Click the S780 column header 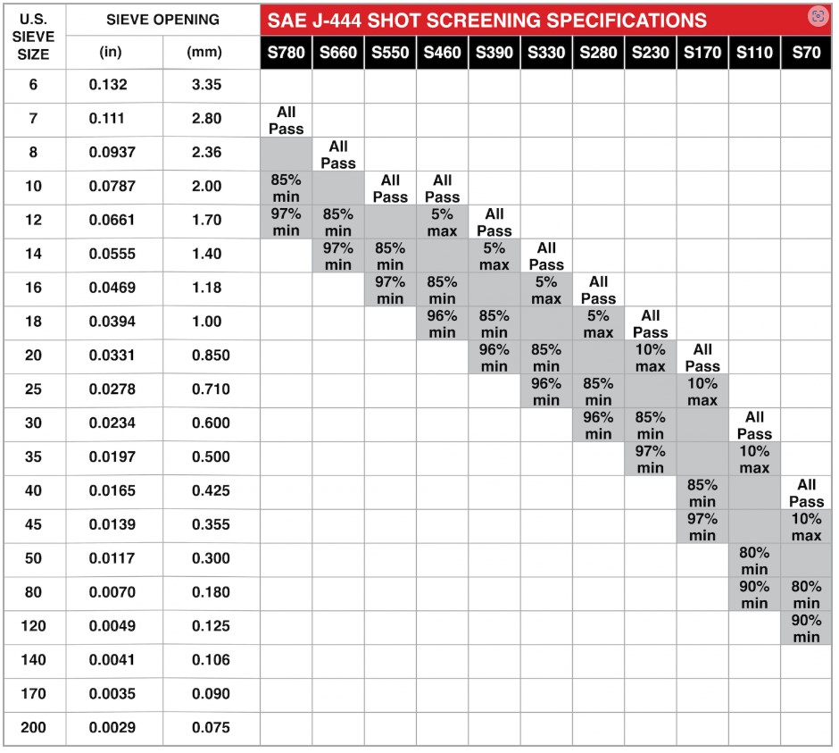coord(287,53)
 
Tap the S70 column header coord(805,53)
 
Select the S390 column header coord(494,53)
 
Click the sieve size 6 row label coord(34,85)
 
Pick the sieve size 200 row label coord(34,728)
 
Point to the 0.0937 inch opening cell coord(112,153)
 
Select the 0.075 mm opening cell coord(211,728)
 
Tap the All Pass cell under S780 coord(287,120)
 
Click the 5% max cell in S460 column coord(442,222)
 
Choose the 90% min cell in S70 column coord(806,628)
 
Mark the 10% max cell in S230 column coord(650,357)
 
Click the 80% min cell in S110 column coord(754,560)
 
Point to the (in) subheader coord(112,53)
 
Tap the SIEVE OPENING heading coord(162,19)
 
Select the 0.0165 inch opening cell coord(112,491)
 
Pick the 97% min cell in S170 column coord(702,526)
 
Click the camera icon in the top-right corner coord(817,15)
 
